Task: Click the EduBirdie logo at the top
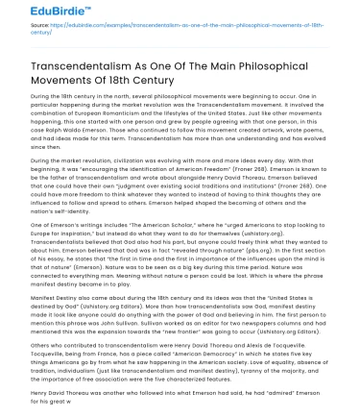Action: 37,15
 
